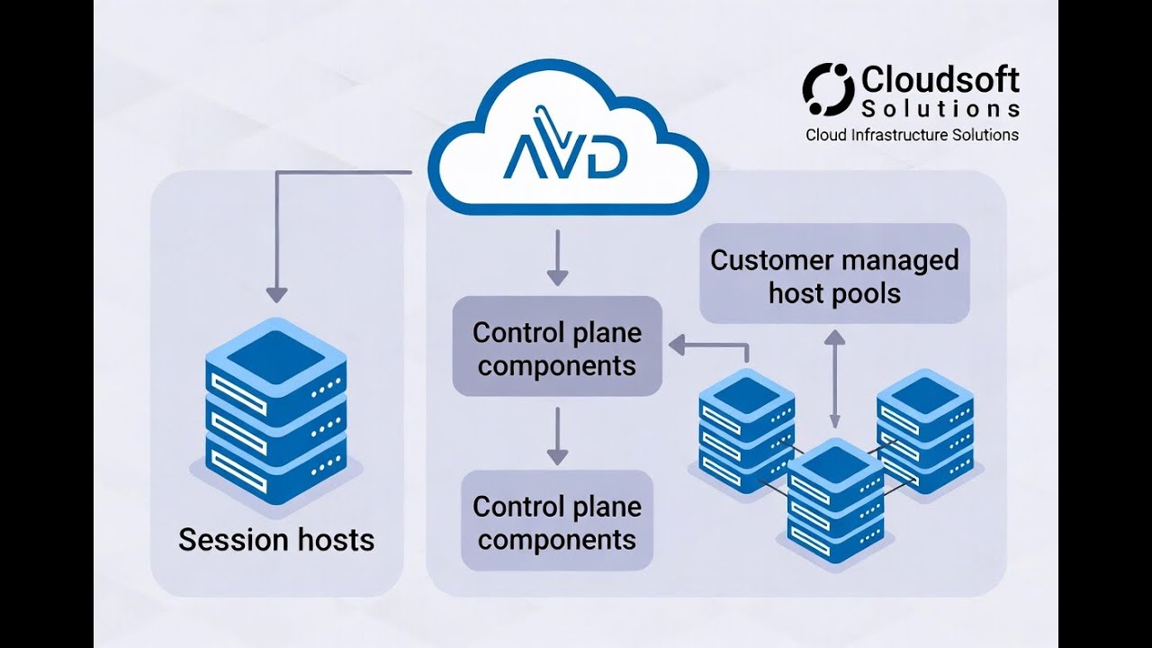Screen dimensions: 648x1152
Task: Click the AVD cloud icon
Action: pos(567,144)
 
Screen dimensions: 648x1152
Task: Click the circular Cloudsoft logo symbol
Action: pos(827,89)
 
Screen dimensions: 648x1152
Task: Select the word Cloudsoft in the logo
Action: pos(940,80)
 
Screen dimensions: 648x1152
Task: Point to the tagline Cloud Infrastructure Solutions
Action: pos(912,135)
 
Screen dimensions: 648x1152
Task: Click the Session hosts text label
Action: pos(276,540)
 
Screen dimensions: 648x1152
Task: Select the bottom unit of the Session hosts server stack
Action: pos(276,463)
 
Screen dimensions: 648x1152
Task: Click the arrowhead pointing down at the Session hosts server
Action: pos(276,294)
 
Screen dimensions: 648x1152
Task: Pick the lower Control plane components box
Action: pos(557,521)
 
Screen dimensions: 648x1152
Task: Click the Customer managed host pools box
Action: pos(834,274)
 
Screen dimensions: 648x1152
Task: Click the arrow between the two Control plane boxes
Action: pos(557,436)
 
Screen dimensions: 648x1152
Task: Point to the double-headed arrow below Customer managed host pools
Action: pos(835,378)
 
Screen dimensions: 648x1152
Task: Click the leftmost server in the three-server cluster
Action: pos(746,428)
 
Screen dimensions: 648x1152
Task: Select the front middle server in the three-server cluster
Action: pos(834,500)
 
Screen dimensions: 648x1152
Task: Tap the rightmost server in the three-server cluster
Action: pos(924,428)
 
